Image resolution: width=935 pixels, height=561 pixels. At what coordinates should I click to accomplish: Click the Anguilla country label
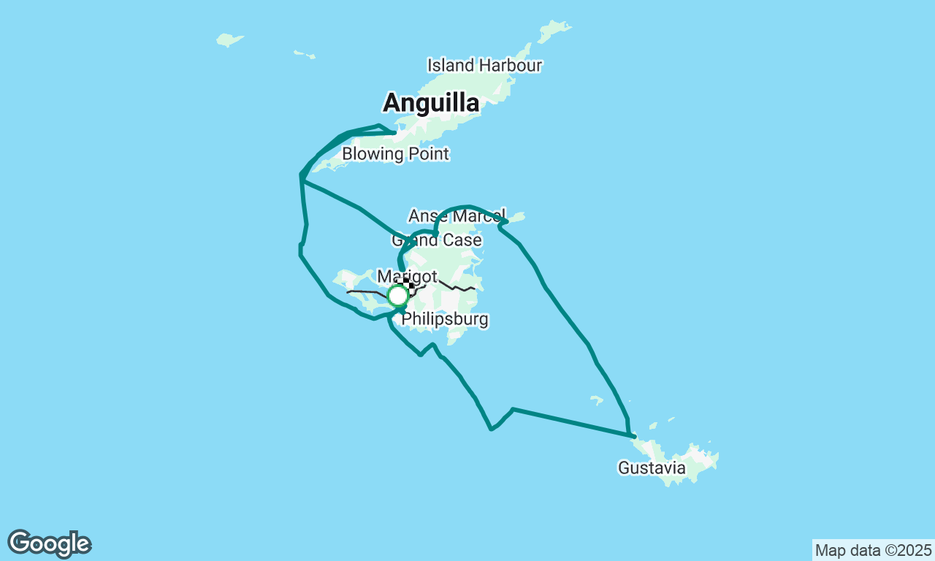tap(431, 103)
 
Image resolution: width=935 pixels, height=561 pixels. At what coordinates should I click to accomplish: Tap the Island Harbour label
tap(484, 65)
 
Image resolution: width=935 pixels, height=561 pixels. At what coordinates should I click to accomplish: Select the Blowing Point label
tap(395, 154)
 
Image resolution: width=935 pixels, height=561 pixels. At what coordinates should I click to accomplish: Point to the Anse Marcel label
tap(457, 216)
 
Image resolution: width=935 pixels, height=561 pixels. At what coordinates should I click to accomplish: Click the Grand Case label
tap(437, 240)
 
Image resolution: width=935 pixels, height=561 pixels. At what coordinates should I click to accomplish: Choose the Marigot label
tap(407, 277)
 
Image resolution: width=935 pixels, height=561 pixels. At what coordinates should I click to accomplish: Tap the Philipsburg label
tap(445, 319)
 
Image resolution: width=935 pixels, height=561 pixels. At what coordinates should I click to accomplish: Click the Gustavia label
tap(652, 467)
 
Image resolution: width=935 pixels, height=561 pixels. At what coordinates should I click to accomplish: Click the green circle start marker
tap(397, 296)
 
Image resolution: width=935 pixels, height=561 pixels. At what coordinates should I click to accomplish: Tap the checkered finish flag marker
tap(408, 286)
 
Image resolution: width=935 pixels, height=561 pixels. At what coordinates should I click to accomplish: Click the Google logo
tap(50, 544)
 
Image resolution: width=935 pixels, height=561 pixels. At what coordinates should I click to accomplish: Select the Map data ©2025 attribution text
tap(873, 550)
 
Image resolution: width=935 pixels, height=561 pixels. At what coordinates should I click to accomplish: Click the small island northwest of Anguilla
tap(229, 39)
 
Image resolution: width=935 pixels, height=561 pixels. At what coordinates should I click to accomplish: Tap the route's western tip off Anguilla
tap(301, 175)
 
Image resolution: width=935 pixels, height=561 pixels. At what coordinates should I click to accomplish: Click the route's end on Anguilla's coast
tap(395, 133)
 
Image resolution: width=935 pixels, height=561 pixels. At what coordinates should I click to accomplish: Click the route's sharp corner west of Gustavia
tap(513, 409)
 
